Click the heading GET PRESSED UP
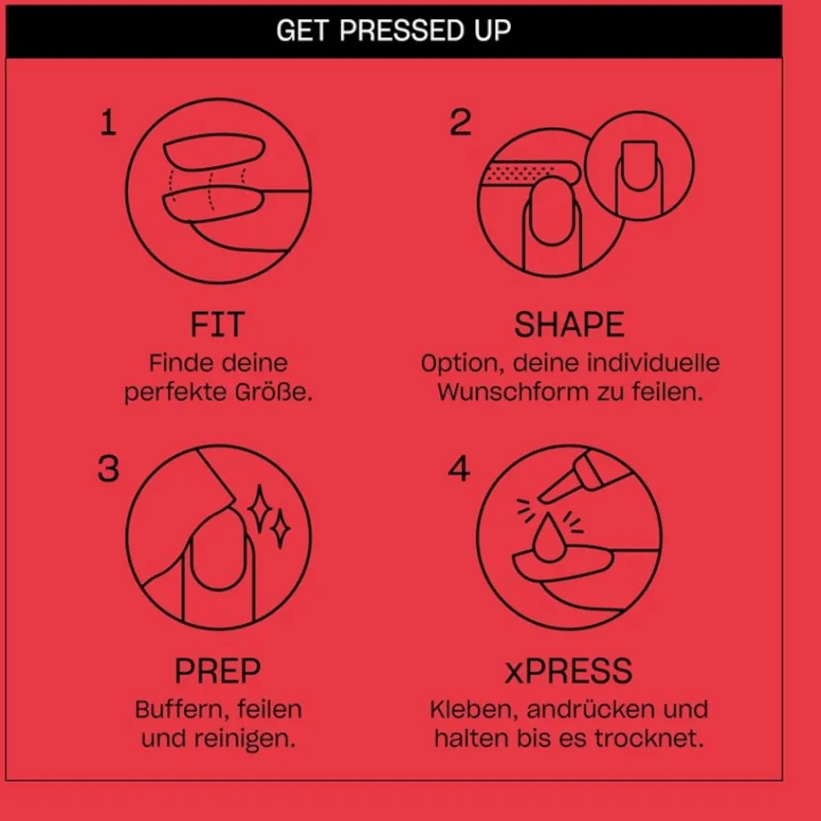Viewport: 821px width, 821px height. (x=393, y=30)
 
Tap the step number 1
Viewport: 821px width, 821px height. (x=108, y=122)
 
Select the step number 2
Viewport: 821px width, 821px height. (x=461, y=122)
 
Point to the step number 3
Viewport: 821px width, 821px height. (x=109, y=469)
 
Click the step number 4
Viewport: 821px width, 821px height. (x=459, y=469)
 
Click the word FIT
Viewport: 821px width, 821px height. (x=217, y=325)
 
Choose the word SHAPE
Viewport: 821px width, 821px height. (x=569, y=325)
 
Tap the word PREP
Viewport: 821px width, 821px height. (x=217, y=670)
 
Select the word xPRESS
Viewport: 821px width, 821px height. (x=568, y=670)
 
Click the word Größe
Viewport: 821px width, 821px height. (x=274, y=392)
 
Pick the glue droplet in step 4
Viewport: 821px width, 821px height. (x=548, y=539)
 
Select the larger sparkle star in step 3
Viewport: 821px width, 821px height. (x=259, y=510)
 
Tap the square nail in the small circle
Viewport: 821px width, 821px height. (x=639, y=165)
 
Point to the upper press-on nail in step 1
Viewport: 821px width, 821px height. (x=214, y=151)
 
